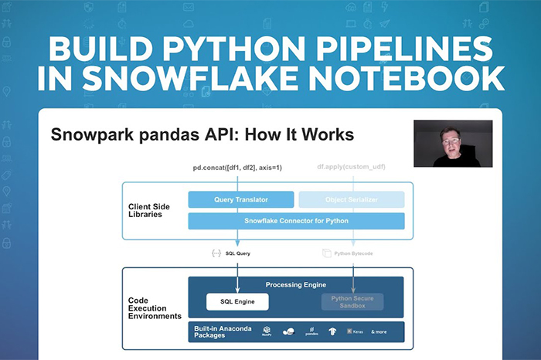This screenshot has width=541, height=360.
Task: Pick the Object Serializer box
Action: pos(352,200)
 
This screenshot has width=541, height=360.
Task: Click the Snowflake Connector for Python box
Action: pos(296,221)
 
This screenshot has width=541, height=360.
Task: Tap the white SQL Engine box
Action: pos(237,301)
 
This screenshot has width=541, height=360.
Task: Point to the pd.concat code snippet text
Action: pos(236,168)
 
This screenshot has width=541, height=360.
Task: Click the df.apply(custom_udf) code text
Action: pos(352,168)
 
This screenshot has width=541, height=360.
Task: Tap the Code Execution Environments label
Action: pos(155,307)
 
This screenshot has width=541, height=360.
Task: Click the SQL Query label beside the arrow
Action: pos(237,253)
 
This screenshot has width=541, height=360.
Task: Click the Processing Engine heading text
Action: pos(297,284)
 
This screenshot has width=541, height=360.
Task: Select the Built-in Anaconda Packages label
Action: pos(223,331)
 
